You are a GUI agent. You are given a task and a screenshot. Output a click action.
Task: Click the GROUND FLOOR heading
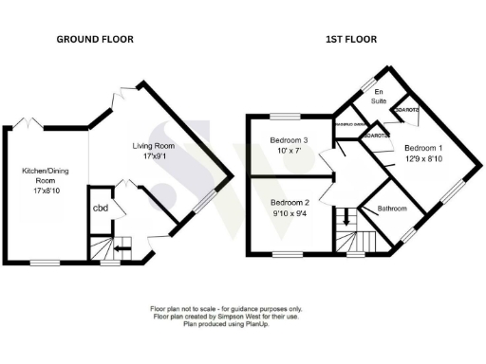coord(94,39)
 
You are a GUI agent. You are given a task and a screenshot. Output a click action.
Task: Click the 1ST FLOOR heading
coord(352,39)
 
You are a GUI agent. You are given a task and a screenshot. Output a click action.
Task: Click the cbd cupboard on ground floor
coord(99,209)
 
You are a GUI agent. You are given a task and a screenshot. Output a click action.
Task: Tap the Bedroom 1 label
coord(423,149)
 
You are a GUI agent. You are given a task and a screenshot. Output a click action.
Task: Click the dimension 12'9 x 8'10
coord(423,161)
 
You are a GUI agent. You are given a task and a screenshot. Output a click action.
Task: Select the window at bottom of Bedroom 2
coord(288,255)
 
